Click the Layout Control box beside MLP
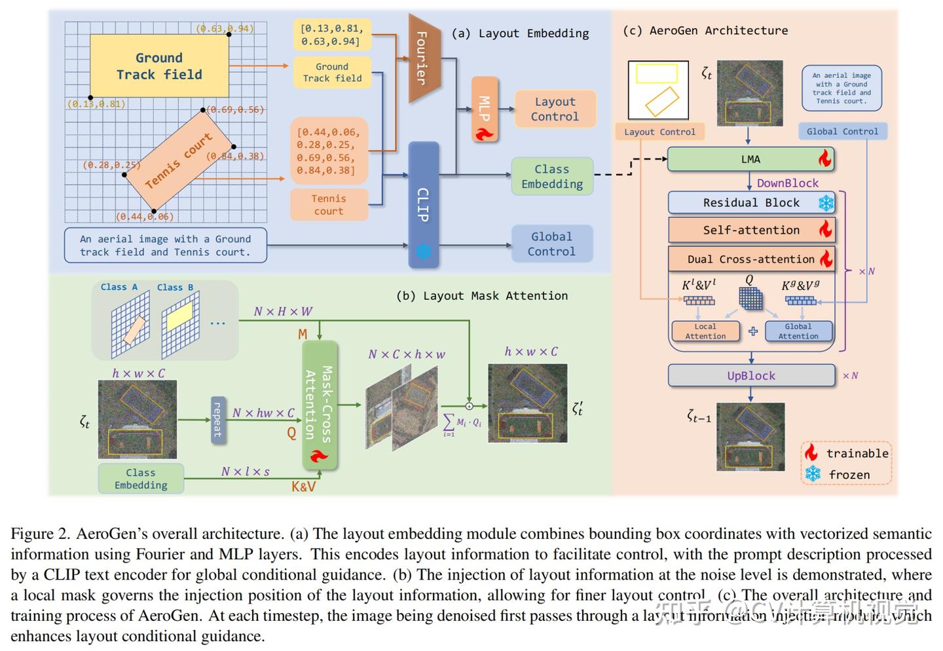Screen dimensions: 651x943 [555, 109]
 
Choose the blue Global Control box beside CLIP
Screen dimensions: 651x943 [551, 244]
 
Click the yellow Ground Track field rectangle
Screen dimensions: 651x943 [159, 66]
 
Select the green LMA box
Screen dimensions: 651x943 [750, 159]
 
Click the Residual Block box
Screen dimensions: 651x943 [751, 203]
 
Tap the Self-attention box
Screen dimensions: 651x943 [751, 230]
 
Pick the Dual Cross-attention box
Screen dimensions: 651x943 [751, 259]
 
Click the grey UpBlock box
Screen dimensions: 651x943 [751, 376]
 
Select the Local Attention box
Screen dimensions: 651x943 [705, 331]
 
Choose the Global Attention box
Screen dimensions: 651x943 [798, 331]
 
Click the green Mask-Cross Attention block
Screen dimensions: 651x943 [320, 404]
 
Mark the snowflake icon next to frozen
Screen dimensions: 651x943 [813, 474]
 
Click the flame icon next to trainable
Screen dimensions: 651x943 [812, 453]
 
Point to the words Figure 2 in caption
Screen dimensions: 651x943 [39, 534]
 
